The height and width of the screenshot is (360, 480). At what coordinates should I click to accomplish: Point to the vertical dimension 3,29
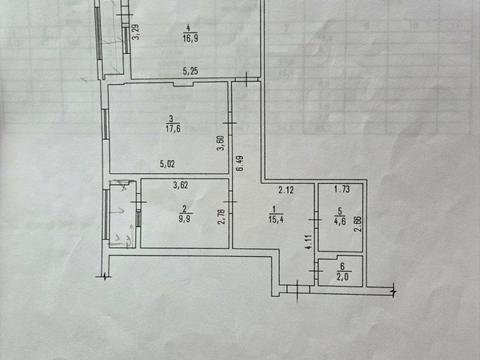click(136, 31)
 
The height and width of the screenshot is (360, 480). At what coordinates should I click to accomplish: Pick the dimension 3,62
click(180, 184)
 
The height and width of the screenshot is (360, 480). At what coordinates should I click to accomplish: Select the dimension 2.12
click(285, 188)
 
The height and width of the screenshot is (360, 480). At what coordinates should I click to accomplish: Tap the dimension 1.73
click(340, 188)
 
